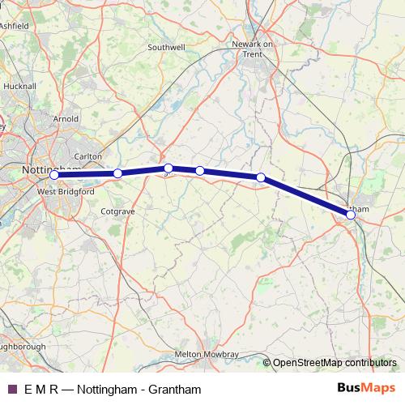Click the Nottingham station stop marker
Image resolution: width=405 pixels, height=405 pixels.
click(x=54, y=175)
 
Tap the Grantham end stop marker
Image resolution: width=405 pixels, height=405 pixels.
click(x=351, y=215)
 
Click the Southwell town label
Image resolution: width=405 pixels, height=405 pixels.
click(x=167, y=48)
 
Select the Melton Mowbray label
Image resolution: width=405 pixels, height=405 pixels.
click(x=207, y=355)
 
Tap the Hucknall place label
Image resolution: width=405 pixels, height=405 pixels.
click(x=19, y=85)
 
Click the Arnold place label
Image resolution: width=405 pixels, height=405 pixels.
click(x=66, y=119)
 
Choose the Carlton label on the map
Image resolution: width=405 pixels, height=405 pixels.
click(x=87, y=156)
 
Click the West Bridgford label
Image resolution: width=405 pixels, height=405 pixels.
click(x=66, y=192)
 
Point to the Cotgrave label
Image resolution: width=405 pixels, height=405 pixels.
click(x=118, y=211)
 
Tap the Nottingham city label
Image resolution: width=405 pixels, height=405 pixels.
click(x=49, y=170)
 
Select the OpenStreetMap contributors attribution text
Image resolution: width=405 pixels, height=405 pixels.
click(x=335, y=363)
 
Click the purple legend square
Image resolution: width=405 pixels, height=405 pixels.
click(x=12, y=389)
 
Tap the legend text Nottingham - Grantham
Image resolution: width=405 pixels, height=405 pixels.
click(x=151, y=389)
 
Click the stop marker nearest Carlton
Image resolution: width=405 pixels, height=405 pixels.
click(x=117, y=173)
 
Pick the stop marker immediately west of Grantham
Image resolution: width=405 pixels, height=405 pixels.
click(x=261, y=177)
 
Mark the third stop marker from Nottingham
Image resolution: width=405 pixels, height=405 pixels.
click(x=168, y=168)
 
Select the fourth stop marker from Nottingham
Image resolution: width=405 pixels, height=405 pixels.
click(x=199, y=171)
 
